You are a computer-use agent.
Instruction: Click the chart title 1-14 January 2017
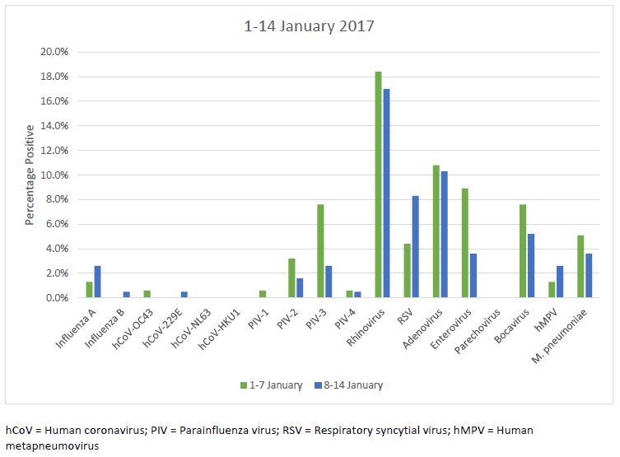coord(309,26)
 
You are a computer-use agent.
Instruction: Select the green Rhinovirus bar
coord(378,184)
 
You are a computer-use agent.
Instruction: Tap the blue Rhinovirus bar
coord(387,194)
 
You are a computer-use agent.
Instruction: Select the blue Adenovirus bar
coord(445,235)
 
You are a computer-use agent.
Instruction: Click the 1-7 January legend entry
coord(271,385)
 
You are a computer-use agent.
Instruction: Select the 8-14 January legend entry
coord(349,385)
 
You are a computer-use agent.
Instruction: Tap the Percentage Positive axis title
coord(30,175)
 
